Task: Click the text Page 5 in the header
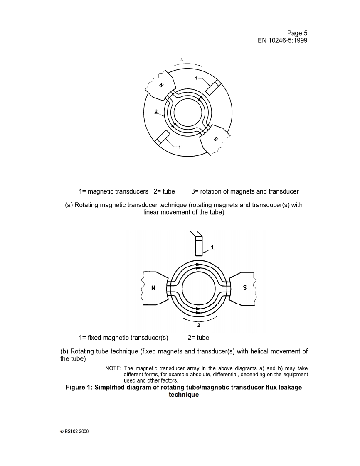point(297,33)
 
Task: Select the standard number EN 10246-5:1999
point(283,41)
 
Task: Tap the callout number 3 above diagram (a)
point(182,60)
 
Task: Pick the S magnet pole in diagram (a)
point(215,139)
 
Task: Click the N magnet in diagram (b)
point(153,289)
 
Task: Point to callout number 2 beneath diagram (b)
point(199,325)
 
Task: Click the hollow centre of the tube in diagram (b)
point(198,289)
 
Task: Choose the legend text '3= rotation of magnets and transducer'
point(245,191)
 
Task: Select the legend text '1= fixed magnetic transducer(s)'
point(123,337)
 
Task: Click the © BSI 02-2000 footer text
point(74,431)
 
